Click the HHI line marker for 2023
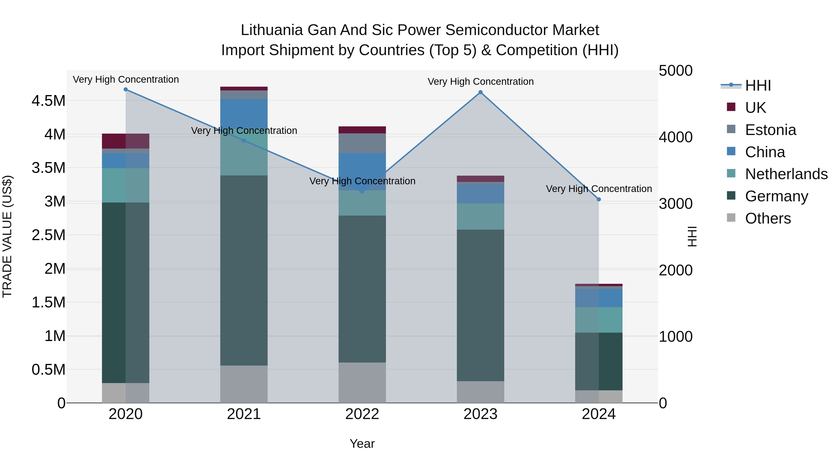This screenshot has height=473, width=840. coord(480,92)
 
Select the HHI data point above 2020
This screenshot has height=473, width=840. coord(126,89)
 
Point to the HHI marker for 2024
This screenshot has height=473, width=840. coord(599,199)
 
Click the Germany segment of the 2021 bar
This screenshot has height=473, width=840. coord(244,270)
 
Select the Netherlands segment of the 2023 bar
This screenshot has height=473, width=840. coord(480,217)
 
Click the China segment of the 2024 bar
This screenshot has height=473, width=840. coord(599,298)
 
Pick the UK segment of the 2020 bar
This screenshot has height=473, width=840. coord(126,141)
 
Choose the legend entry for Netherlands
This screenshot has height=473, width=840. coord(786,174)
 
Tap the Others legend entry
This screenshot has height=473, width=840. coord(768,218)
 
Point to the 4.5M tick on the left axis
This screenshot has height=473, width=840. coord(48,101)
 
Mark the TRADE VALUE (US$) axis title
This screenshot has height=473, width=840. coord(7,236)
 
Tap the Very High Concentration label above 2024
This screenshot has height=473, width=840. coord(599,189)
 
